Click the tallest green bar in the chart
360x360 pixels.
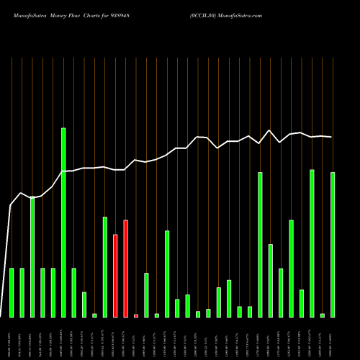[63, 222]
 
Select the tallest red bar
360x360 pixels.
[125, 269]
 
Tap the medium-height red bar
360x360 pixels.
[115, 276]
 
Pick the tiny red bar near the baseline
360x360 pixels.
[135, 315]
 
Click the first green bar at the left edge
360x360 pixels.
[12, 292]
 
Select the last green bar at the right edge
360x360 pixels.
[333, 245]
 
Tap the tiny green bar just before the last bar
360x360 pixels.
[323, 315]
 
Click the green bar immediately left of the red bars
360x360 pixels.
[104, 266]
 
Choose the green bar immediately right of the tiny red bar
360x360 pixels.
[146, 295]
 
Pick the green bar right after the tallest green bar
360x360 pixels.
[73, 292]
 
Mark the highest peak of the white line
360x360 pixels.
[269, 130]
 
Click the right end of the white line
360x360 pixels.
[331, 137]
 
